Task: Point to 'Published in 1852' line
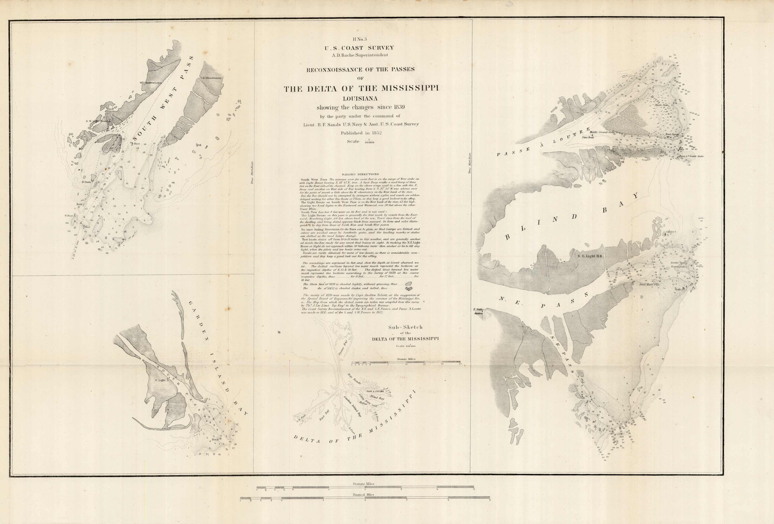click(x=361, y=133)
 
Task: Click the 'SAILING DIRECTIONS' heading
click(x=360, y=174)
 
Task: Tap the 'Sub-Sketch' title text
click(x=405, y=327)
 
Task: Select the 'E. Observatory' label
click(x=212, y=78)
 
